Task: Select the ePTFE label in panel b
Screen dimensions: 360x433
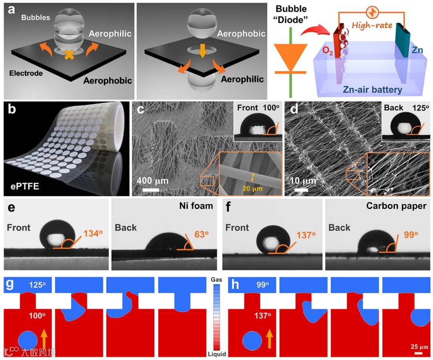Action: click(x=26, y=186)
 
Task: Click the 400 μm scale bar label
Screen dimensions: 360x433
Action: click(x=153, y=181)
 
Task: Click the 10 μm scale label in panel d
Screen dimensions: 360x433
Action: click(x=303, y=181)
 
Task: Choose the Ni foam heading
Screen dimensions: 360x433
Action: click(x=196, y=206)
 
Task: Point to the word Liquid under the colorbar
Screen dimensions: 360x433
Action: click(x=216, y=354)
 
